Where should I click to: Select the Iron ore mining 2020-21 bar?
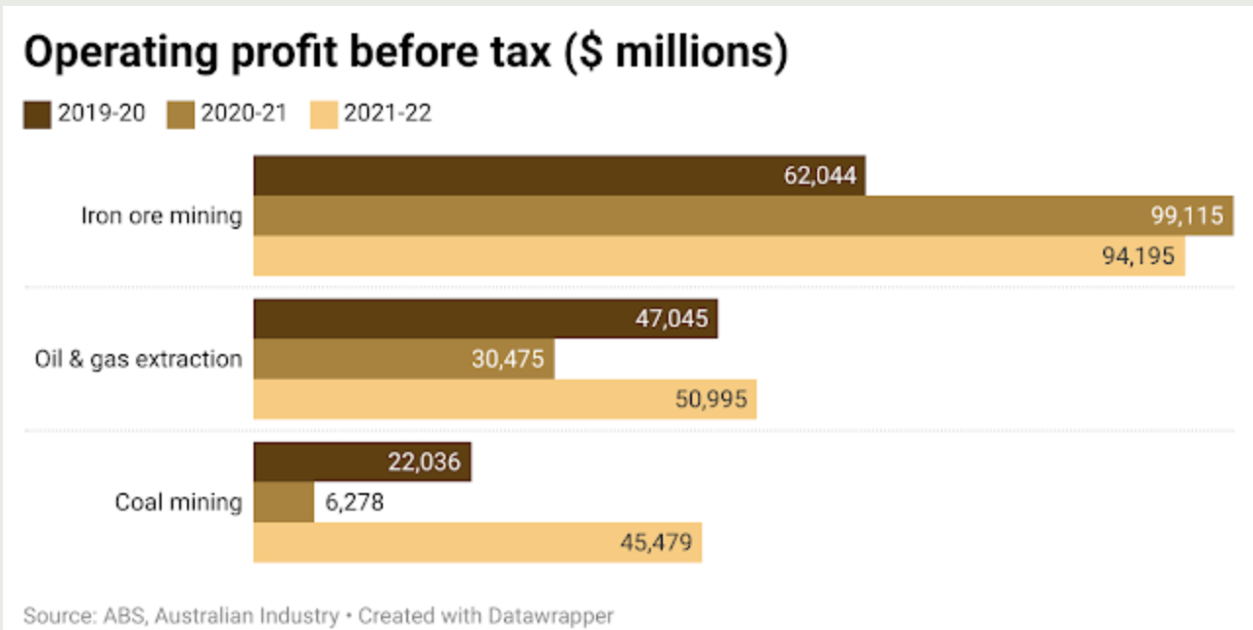pyautogui.click(x=685, y=215)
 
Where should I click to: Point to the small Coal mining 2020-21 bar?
pyautogui.click(x=284, y=502)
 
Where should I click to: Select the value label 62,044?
pyautogui.click(x=820, y=176)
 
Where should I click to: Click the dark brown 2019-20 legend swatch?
pyautogui.click(x=37, y=115)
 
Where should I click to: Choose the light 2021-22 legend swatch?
pyautogui.click(x=324, y=115)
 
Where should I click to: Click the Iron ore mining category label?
pyautogui.click(x=161, y=215)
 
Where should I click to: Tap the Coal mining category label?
pyautogui.click(x=178, y=502)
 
